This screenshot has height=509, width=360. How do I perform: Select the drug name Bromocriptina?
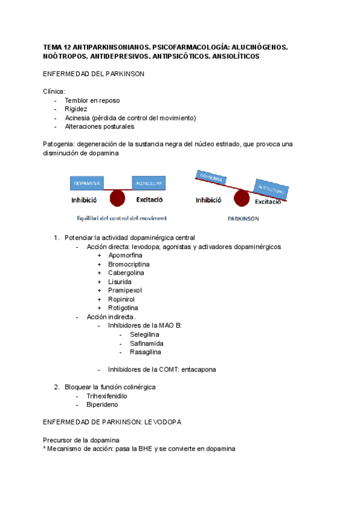[x=129, y=264]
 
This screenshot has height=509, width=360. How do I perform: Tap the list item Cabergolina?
[x=127, y=273]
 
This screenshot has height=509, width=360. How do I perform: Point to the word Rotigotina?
[x=123, y=308]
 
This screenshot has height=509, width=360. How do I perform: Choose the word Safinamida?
[x=146, y=343]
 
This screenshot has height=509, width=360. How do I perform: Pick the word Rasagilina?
[x=145, y=352]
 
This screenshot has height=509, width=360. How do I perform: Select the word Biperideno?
[x=102, y=405]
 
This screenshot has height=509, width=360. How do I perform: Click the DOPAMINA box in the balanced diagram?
[x=87, y=182]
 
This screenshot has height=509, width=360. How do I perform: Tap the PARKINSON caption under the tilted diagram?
[x=243, y=219]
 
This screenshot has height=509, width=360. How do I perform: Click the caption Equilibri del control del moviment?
[x=122, y=218]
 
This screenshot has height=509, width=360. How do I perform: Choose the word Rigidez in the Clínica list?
[x=76, y=109]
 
